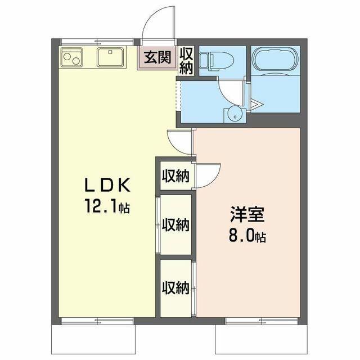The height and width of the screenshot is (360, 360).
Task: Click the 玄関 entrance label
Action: coord(157,57)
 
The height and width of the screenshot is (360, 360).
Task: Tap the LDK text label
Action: coord(107,185)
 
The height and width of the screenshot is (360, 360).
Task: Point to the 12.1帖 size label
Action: coord(107,206)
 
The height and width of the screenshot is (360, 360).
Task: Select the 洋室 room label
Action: coord(247,214)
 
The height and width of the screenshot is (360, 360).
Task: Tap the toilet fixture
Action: coord(216,61)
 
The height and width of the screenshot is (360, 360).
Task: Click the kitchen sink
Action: coord(111,57)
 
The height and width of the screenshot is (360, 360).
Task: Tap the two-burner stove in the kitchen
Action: coord(71,57)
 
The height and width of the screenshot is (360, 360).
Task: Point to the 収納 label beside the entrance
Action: coord(186,60)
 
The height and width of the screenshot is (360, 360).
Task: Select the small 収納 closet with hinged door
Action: coord(175,176)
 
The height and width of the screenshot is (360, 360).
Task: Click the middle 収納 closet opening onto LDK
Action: coord(175,224)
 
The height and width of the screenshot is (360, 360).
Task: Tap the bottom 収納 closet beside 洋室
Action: coord(175,289)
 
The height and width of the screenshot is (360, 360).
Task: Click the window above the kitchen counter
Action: coord(97,42)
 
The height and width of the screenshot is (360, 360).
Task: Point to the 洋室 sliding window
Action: coord(262,321)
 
